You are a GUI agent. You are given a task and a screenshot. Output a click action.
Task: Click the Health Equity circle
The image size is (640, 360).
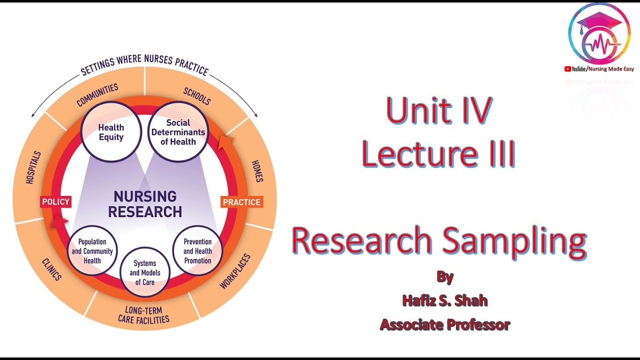click(110, 132)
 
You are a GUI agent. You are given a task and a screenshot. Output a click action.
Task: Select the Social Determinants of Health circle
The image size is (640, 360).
click(178, 132)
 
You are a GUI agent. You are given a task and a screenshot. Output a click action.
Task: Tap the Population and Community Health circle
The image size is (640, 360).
click(92, 251)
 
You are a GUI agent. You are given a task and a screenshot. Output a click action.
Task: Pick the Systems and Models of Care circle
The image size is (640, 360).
click(145, 272)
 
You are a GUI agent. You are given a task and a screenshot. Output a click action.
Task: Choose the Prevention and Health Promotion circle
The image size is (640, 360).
click(197, 251)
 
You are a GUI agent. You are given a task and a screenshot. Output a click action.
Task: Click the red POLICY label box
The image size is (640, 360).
click(55, 202)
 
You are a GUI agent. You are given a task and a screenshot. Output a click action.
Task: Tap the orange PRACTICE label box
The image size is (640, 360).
click(241, 202)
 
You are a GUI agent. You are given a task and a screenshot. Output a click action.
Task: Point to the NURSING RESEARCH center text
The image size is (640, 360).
click(144, 204)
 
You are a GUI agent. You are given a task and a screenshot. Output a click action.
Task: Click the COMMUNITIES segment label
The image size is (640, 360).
click(97, 95)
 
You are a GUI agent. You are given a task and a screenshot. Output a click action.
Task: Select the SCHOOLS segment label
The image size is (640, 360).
click(197, 96)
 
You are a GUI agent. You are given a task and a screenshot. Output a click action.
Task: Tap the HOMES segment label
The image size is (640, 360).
click(257, 171)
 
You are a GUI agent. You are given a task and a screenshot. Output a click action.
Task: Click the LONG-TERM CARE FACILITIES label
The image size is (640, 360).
click(143, 314)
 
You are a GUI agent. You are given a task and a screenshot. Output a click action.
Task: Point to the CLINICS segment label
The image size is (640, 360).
click(51, 269)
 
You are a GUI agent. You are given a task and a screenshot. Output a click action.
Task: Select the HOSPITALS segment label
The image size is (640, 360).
click(33, 168)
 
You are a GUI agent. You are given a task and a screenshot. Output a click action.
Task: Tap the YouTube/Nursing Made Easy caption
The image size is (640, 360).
click(599, 69)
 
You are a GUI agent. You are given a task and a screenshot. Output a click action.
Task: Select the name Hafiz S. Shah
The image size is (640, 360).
click(444, 300)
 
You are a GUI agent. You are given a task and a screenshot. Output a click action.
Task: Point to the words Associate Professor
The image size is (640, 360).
click(444, 324)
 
